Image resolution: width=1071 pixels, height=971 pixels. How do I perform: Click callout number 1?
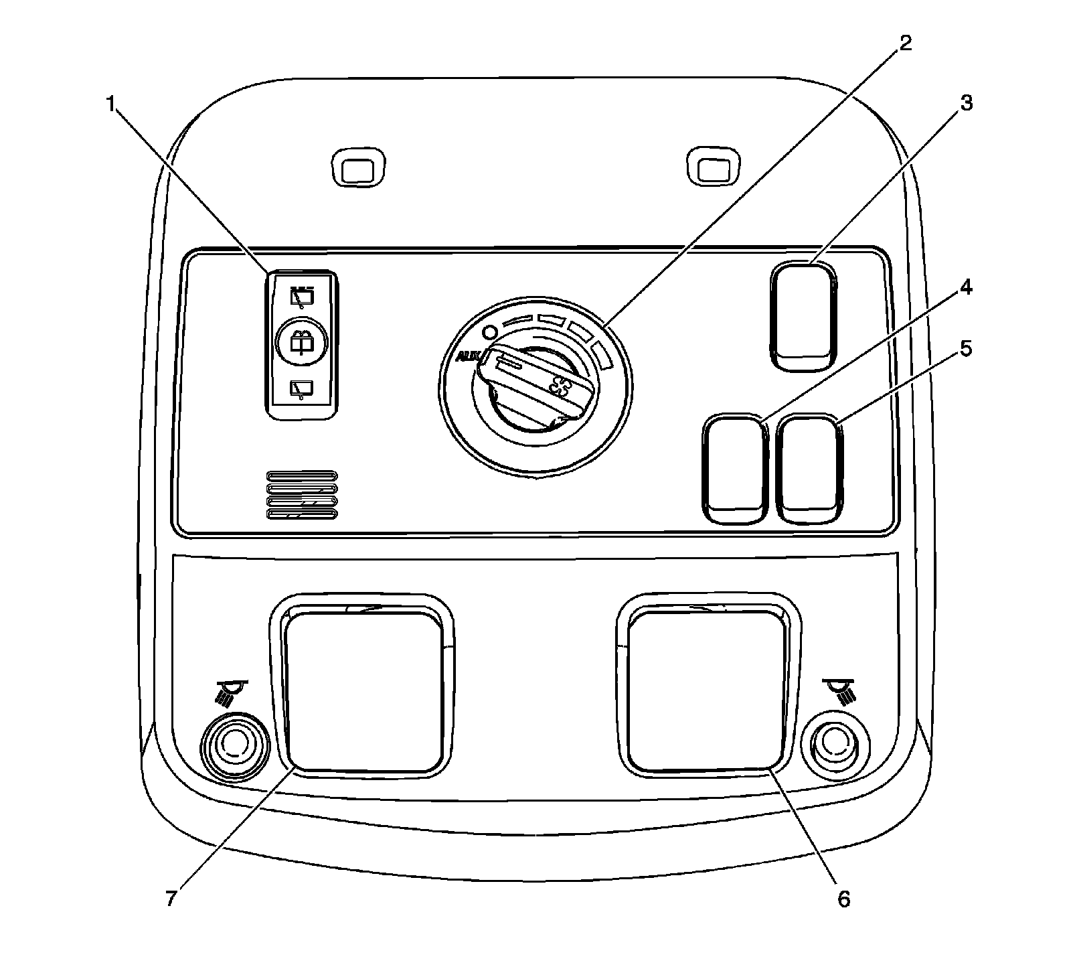click(110, 104)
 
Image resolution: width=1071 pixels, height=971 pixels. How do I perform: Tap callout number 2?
click(904, 44)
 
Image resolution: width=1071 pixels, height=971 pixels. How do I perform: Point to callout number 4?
click(965, 289)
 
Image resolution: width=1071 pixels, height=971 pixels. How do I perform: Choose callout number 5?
click(965, 349)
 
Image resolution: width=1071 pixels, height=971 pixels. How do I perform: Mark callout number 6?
click(843, 899)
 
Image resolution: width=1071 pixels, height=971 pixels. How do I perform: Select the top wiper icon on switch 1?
click(302, 295)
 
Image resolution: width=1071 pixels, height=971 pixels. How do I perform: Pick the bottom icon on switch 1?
click(302, 388)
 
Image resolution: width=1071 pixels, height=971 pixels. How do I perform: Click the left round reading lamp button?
click(234, 743)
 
